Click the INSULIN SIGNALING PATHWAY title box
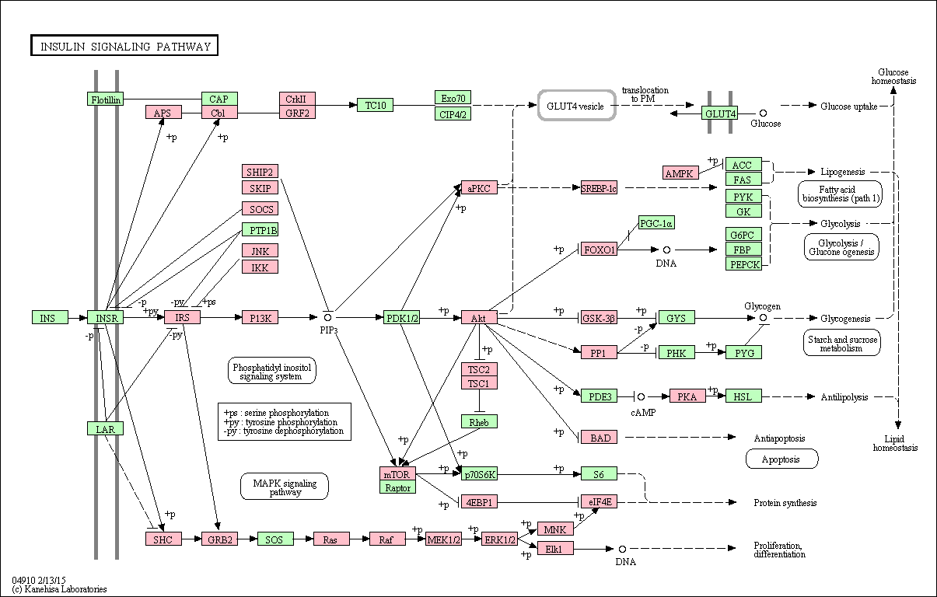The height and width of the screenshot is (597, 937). pyautogui.click(x=124, y=45)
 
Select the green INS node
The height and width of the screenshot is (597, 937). pyautogui.click(x=50, y=317)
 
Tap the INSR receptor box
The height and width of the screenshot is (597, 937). pyautogui.click(x=106, y=317)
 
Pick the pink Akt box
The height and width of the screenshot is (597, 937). pyautogui.click(x=479, y=317)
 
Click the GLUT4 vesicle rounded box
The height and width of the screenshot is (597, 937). pyautogui.click(x=576, y=106)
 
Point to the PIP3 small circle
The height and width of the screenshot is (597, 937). pyautogui.click(x=327, y=318)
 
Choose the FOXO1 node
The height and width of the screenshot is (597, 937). pyautogui.click(x=599, y=250)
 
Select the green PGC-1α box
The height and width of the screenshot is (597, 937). pyautogui.click(x=656, y=223)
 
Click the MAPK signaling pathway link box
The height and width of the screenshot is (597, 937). pyautogui.click(x=285, y=487)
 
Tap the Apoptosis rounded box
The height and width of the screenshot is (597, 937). pyautogui.click(x=781, y=459)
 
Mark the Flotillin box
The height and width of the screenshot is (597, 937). pyautogui.click(x=106, y=99)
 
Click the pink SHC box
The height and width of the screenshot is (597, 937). pyautogui.click(x=163, y=539)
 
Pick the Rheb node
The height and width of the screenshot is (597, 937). pyautogui.click(x=479, y=421)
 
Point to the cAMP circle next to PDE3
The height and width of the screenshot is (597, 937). pyautogui.click(x=641, y=396)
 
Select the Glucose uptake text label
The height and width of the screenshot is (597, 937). pyautogui.click(x=848, y=106)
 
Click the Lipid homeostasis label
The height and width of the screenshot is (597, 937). pyautogui.click(x=895, y=443)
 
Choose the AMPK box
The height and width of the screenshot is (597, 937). pyautogui.click(x=680, y=173)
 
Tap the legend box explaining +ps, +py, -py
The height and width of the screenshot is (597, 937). pyautogui.click(x=285, y=421)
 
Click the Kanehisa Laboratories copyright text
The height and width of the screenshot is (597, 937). pyautogui.click(x=59, y=589)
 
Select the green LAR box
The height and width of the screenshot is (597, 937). pyautogui.click(x=106, y=428)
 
